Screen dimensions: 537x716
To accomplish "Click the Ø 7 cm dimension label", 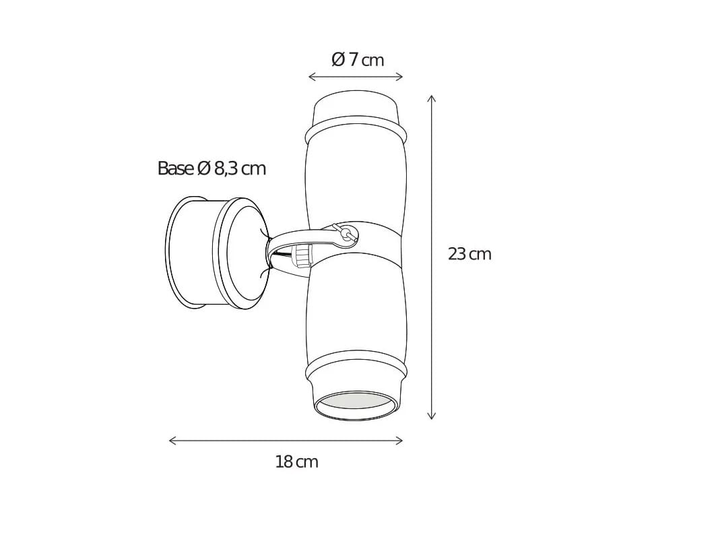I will pyautogui.click(x=358, y=60).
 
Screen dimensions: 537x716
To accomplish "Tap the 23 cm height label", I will pyautogui.click(x=469, y=254).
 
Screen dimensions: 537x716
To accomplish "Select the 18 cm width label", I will pyautogui.click(x=296, y=462).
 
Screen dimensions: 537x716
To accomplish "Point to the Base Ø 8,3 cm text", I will pyautogui.click(x=211, y=168).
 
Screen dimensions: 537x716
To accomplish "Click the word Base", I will pyautogui.click(x=175, y=168).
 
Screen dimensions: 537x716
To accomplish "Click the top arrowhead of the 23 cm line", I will pyautogui.click(x=432, y=98).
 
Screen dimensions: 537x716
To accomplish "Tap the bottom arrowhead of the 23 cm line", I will pyautogui.click(x=432, y=417).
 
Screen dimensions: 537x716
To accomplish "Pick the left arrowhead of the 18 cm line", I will pyautogui.click(x=171, y=441).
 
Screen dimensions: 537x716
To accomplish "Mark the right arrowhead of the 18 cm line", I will pyautogui.click(x=400, y=441).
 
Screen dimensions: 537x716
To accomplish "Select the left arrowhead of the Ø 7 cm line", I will pyautogui.click(x=311, y=77).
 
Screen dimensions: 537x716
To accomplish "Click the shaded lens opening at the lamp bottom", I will pyautogui.click(x=355, y=403).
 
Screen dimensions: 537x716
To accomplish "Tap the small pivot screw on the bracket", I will pyautogui.click(x=346, y=234).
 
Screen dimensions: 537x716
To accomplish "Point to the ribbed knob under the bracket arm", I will pyautogui.click(x=302, y=255).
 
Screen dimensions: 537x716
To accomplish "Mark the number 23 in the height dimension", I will pyautogui.click(x=457, y=254).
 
